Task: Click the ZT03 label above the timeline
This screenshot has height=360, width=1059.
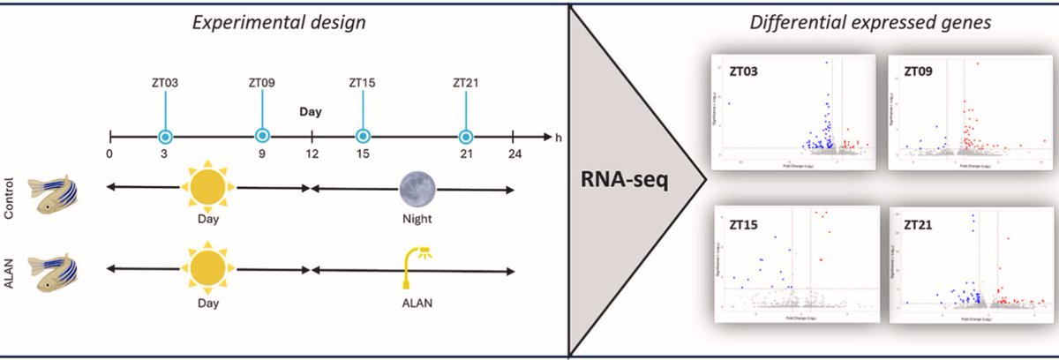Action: [x=164, y=84]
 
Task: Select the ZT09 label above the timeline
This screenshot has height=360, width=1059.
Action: [x=262, y=84]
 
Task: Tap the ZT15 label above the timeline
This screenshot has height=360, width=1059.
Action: [x=362, y=84]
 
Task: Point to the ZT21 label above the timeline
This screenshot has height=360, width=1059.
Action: [x=465, y=84]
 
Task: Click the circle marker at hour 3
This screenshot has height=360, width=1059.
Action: [x=164, y=137]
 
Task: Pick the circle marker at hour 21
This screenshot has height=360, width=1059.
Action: [x=465, y=137]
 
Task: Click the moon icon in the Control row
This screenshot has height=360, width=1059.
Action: [x=413, y=188]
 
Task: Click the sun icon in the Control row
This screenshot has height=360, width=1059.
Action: [x=208, y=188]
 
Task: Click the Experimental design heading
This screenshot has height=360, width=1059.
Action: [x=281, y=21]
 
